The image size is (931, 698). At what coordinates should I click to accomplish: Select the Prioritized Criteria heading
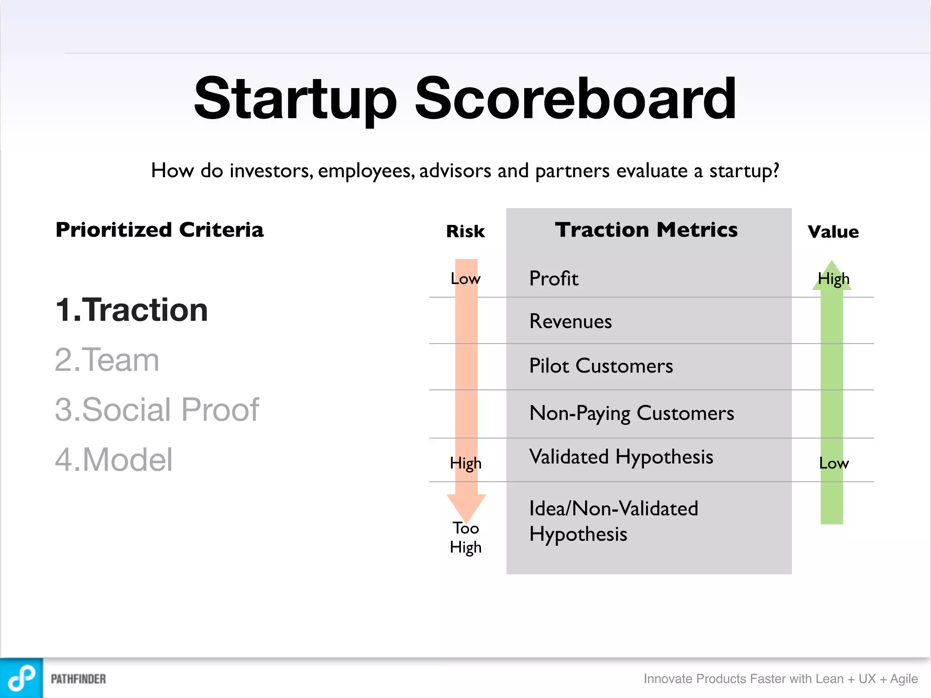coord(159,230)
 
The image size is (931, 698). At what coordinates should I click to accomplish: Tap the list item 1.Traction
coord(131,310)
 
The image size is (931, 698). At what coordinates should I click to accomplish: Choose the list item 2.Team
coord(107,360)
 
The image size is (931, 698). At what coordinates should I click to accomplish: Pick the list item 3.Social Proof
coord(156,409)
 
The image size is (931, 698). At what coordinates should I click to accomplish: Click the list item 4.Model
coord(114,459)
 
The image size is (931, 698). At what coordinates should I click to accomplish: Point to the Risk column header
coord(465,231)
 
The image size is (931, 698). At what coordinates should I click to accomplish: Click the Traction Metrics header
coord(646,230)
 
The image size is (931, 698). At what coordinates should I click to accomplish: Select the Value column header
coord(833,232)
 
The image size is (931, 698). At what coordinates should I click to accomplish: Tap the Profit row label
coord(554,279)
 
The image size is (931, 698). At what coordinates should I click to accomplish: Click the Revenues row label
coord(571,321)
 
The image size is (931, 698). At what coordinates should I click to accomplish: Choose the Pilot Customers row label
coord(601,366)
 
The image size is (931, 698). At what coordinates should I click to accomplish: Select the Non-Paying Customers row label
coord(631,413)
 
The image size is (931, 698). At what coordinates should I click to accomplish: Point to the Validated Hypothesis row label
coord(621,457)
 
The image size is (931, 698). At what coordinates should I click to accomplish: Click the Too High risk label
coord(465,538)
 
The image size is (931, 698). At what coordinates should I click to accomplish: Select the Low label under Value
coord(834,463)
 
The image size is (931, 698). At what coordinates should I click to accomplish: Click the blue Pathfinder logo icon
coord(21,678)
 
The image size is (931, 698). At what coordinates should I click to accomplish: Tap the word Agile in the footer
coord(904,678)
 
